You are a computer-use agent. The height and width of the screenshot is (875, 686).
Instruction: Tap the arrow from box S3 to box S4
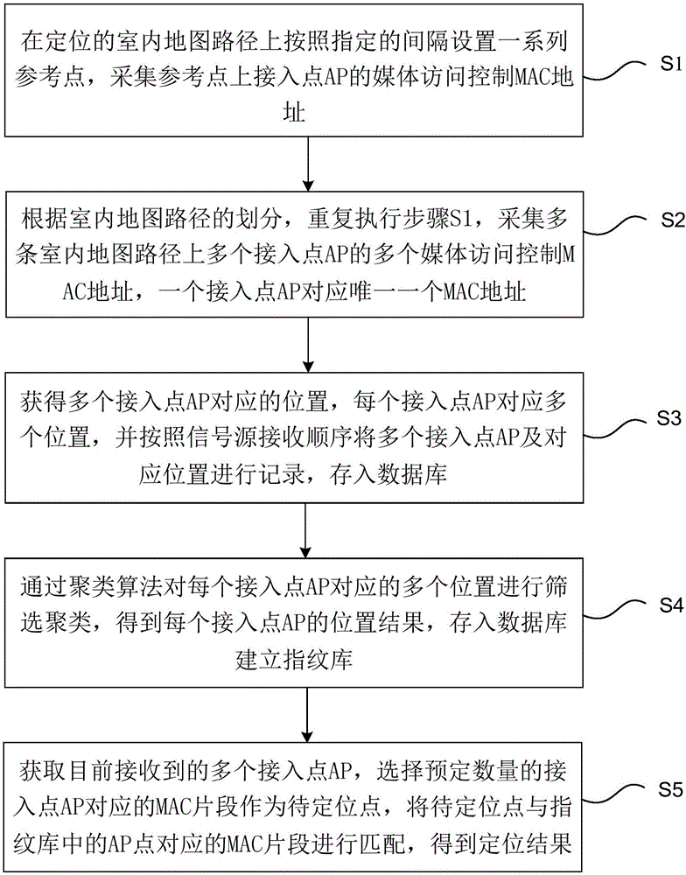coord(307,525)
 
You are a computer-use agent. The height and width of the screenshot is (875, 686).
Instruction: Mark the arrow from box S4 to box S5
coord(307,709)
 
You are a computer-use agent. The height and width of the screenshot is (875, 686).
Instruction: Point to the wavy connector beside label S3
coord(619,428)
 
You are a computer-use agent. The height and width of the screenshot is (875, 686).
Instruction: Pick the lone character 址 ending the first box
coord(305,111)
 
